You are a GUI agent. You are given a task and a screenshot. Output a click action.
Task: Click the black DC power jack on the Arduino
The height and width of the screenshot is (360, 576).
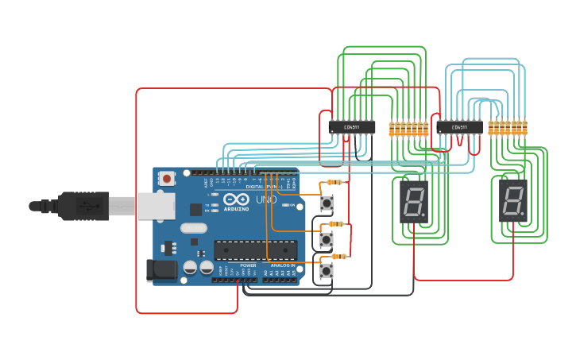point(161,270)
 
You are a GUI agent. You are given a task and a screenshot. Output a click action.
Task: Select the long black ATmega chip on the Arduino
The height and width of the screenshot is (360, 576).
point(255,250)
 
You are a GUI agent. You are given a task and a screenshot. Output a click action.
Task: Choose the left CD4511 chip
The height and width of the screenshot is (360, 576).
point(352,126)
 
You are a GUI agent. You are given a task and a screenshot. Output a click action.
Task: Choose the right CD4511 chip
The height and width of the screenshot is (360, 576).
point(459,126)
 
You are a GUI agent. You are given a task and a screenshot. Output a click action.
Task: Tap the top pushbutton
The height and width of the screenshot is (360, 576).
point(327,203)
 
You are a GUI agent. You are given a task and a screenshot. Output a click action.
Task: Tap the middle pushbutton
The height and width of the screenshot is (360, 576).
point(327,238)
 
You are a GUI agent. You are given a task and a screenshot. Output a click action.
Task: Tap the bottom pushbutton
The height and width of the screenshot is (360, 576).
point(327,271)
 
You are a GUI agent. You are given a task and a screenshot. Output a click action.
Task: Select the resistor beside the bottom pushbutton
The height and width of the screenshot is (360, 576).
point(339,256)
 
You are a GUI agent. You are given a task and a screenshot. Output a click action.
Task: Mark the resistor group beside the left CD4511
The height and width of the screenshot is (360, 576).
point(408,128)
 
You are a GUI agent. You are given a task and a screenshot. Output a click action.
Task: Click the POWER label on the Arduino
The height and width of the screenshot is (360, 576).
point(248,265)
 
